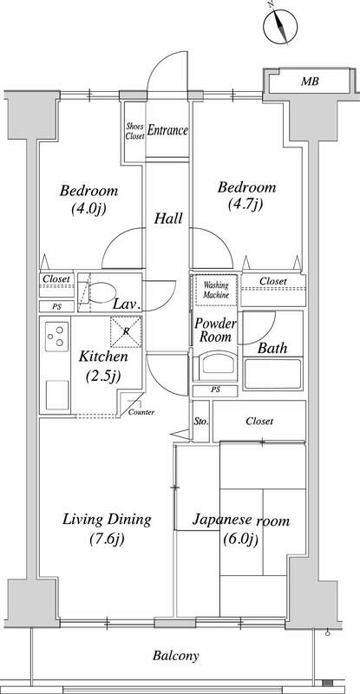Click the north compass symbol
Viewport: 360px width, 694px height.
280,26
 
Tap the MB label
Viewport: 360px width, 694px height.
310,82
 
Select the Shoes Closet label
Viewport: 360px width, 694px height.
134,132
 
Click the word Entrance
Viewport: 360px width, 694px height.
167,131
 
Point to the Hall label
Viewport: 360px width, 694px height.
168,219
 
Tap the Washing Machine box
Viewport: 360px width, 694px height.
216,290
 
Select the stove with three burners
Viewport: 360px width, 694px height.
56,337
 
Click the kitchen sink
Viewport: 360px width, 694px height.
57,395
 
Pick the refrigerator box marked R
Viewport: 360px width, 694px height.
126,331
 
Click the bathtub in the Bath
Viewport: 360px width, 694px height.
272,374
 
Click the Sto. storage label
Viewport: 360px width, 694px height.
201,422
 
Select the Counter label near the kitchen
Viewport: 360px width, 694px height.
141,413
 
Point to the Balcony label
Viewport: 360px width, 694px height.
176,656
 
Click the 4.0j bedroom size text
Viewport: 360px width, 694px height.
89,208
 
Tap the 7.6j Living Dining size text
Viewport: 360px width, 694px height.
107,539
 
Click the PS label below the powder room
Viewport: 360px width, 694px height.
215,391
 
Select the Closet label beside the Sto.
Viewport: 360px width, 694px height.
259,421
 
